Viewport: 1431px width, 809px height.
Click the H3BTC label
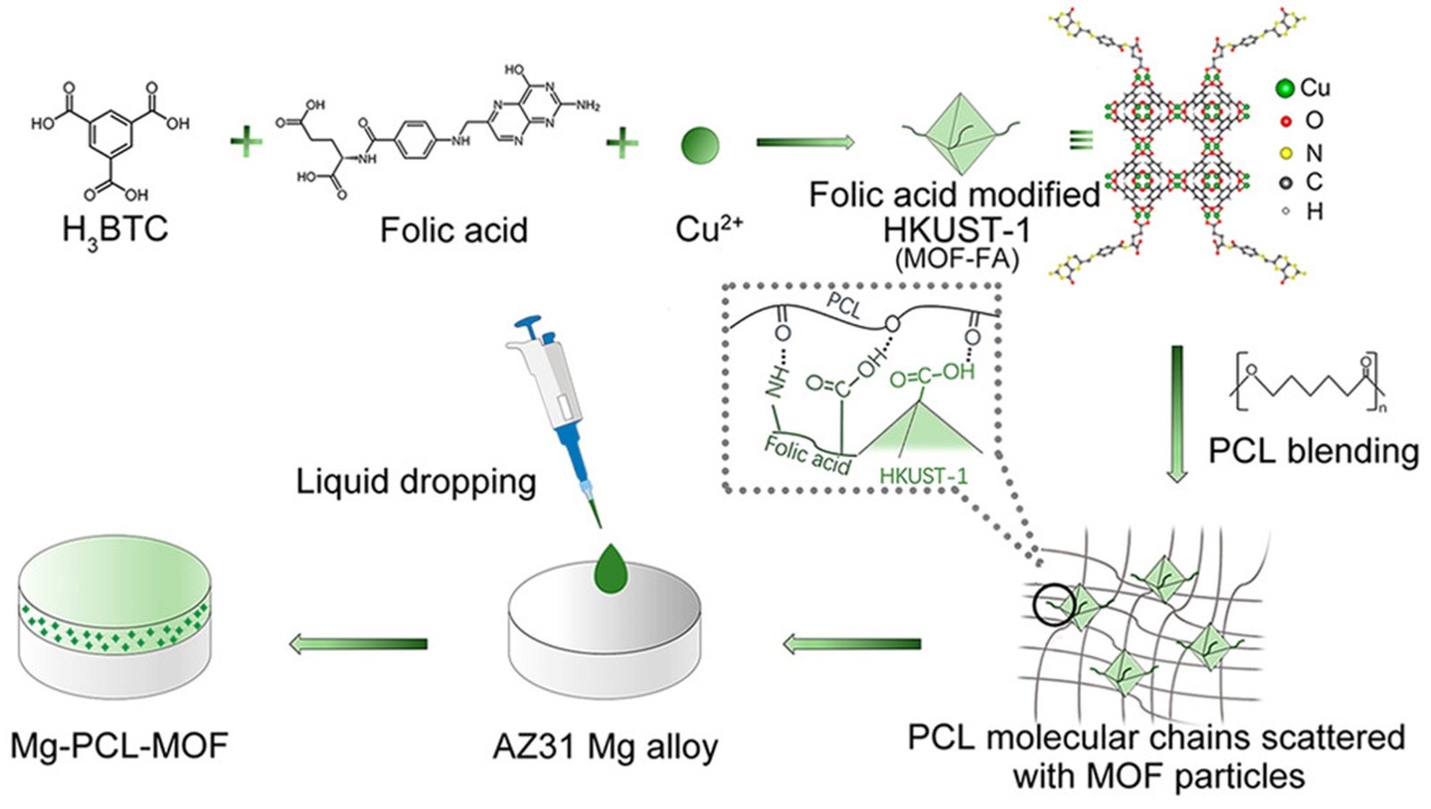point(114,230)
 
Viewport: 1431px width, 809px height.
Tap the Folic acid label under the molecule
point(453,230)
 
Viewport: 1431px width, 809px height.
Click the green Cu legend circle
point(1285,89)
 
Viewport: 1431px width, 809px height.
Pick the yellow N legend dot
point(1286,154)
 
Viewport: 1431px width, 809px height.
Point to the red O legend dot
point(1286,122)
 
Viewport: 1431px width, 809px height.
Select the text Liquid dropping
point(416,481)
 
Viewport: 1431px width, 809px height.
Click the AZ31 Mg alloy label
point(605,745)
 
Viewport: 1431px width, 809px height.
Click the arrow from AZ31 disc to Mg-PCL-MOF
point(359,643)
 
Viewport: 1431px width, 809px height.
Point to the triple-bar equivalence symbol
point(1081,140)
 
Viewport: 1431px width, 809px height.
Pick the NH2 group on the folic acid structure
point(588,106)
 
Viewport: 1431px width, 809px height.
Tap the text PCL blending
point(1313,450)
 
